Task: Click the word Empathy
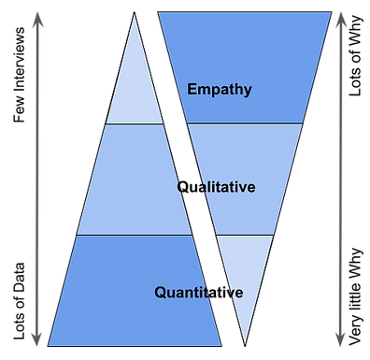point(220,90)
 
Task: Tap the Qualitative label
point(216,187)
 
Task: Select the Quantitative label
point(199,293)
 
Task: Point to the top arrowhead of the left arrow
point(37,18)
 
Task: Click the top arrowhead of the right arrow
point(342,18)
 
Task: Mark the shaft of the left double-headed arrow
point(37,178)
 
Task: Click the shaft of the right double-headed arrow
point(342,178)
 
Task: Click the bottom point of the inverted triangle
point(243,342)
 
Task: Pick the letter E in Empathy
point(192,90)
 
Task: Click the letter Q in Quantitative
point(161,293)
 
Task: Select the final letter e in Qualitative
point(251,187)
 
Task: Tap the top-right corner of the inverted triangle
point(330,14)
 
